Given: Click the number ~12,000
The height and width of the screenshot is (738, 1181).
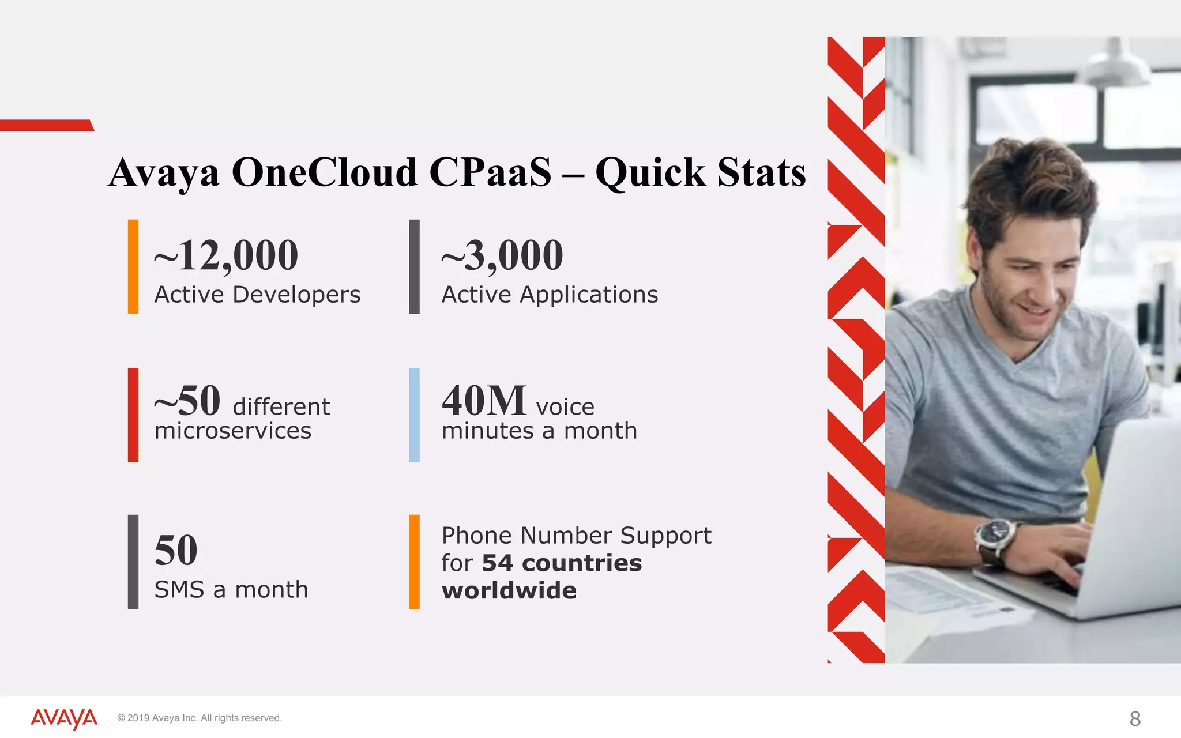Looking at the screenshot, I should pyautogui.click(x=226, y=255).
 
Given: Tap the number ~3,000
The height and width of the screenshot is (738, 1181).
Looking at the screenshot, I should pyautogui.click(x=502, y=255).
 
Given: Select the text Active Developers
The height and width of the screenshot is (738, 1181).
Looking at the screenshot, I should pyautogui.click(x=257, y=295).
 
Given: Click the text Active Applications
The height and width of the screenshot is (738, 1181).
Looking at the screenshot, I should pyautogui.click(x=550, y=295).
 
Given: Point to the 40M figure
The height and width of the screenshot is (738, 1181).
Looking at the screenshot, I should pyautogui.click(x=484, y=401).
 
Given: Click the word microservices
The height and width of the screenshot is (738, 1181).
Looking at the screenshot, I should pyautogui.click(x=233, y=431).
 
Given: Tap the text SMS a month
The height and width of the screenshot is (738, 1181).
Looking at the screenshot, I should pyautogui.click(x=231, y=590).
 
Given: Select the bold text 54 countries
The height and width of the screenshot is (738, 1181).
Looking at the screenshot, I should pyautogui.click(x=562, y=563).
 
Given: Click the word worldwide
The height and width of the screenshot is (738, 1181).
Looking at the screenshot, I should pyautogui.click(x=509, y=591).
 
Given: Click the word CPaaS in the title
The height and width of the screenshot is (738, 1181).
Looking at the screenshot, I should pyautogui.click(x=490, y=172).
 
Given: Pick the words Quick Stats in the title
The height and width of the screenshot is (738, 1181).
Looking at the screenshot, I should pyautogui.click(x=700, y=172).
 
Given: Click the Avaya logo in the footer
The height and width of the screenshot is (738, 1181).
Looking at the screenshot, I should pyautogui.click(x=64, y=718).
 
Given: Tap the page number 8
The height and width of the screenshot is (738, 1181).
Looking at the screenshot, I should pyautogui.click(x=1135, y=719).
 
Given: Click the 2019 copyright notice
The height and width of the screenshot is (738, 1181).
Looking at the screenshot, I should pyautogui.click(x=200, y=718).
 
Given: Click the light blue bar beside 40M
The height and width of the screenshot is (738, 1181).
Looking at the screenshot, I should pyautogui.click(x=414, y=415).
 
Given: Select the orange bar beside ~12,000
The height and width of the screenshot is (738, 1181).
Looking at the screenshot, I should pyautogui.click(x=133, y=266).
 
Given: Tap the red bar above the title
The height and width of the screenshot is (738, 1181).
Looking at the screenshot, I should pyautogui.click(x=46, y=125).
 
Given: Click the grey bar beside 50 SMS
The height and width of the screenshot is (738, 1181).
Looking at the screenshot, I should pyautogui.click(x=133, y=562).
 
